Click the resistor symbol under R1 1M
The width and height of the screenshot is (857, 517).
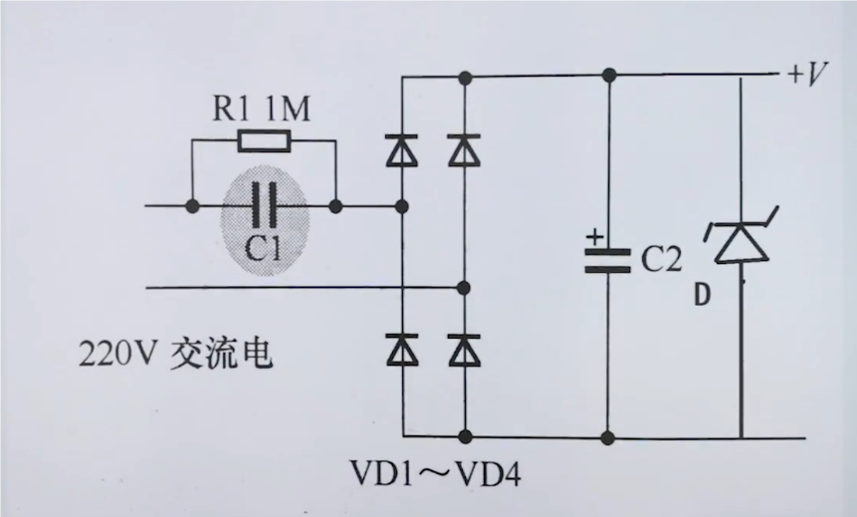click(x=265, y=140)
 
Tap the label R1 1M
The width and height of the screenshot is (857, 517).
click(x=262, y=107)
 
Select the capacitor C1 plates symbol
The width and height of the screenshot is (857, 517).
click(x=264, y=206)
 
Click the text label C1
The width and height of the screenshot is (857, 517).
click(x=264, y=246)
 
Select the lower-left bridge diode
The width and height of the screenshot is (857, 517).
click(x=402, y=350)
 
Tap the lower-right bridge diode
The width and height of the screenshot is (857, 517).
click(x=463, y=350)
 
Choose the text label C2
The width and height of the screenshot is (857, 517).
click(x=661, y=261)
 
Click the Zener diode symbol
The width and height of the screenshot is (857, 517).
click(x=741, y=242)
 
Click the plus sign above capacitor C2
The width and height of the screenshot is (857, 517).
click(x=594, y=237)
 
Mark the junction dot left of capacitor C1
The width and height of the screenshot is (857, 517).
click(x=191, y=206)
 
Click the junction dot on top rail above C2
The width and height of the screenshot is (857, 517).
click(x=608, y=75)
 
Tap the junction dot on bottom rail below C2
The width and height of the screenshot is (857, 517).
click(x=608, y=435)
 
